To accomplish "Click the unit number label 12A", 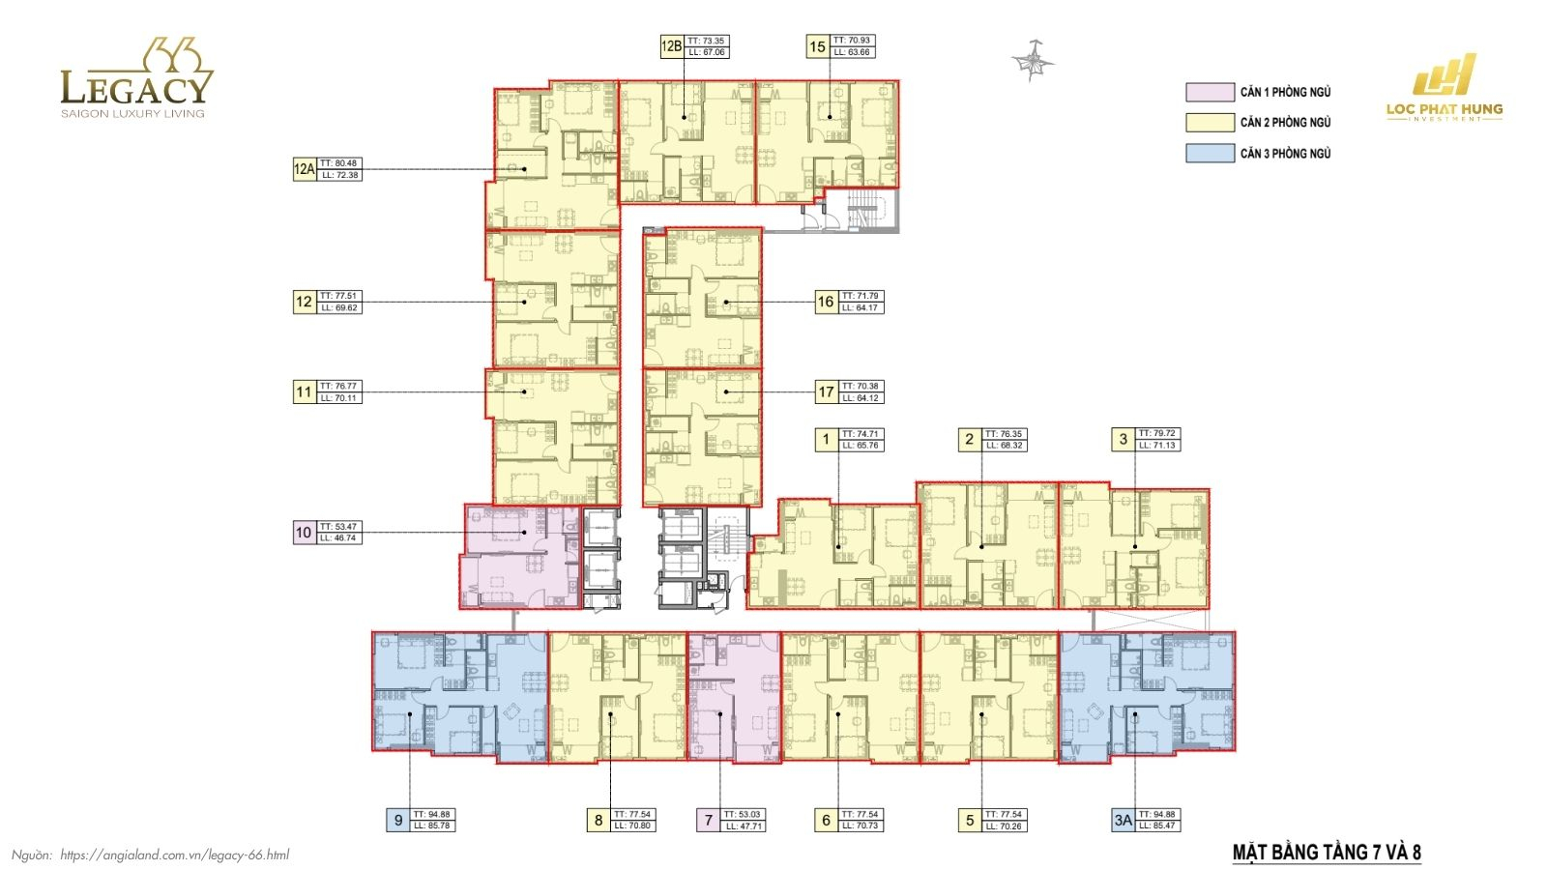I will (x=304, y=169).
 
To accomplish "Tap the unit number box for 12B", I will (x=672, y=46).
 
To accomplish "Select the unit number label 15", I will (x=817, y=46).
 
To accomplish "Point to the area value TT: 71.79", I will (x=861, y=296).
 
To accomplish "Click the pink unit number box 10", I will (x=304, y=533).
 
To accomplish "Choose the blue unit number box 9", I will (x=397, y=821).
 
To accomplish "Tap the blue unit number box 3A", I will (x=1123, y=821).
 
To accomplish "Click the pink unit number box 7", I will (x=708, y=821).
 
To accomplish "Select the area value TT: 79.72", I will (x=1157, y=434).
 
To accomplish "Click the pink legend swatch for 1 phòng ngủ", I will (x=1210, y=92).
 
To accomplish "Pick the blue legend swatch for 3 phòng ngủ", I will (x=1210, y=153).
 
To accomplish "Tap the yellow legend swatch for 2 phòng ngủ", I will (x=1210, y=123).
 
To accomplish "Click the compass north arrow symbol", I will (x=1033, y=61).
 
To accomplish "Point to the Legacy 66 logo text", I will (x=134, y=87).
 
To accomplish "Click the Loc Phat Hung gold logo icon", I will (x=1445, y=75).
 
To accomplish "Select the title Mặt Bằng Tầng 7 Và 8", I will (x=1327, y=852).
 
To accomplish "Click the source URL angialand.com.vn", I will (x=174, y=855).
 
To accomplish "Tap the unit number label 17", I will (x=826, y=391).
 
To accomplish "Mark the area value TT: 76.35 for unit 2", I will (x=1004, y=434).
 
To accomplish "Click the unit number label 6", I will (x=826, y=821).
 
